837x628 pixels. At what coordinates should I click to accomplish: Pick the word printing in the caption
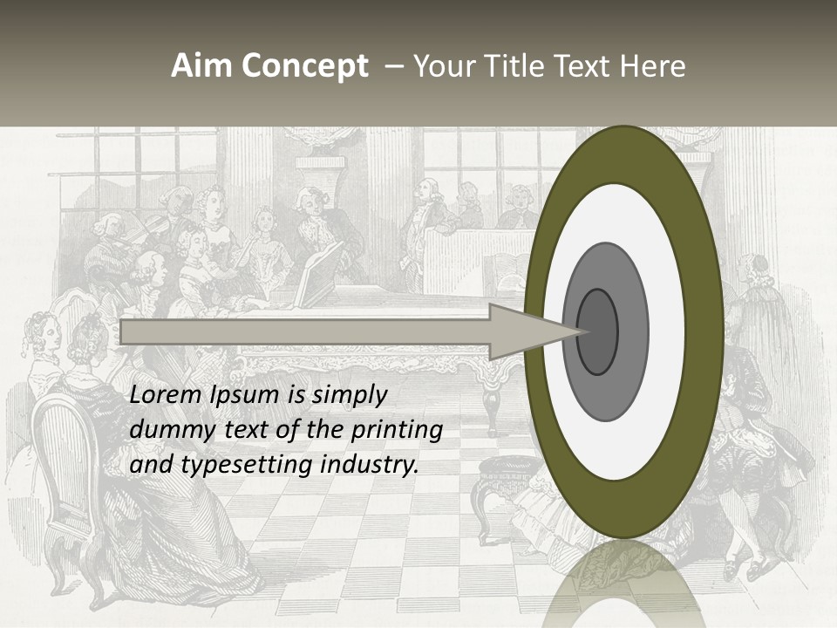click(396, 431)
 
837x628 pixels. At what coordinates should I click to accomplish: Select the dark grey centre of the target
click(597, 331)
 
